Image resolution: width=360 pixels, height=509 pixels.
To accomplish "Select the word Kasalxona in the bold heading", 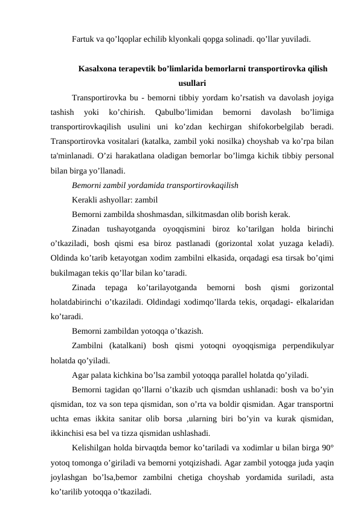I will point(98,69).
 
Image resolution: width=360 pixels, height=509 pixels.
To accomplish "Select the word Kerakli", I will point(85,199).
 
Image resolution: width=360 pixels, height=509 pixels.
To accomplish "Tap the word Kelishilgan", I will point(92,447).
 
